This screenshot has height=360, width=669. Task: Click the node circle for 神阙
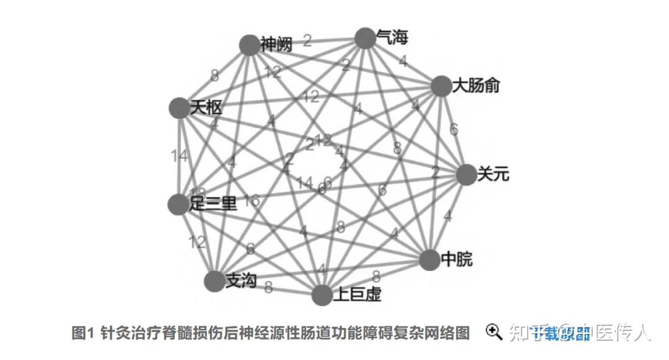[249, 45]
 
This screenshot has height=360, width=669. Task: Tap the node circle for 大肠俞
[441, 86]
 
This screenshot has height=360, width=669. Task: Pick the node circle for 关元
[466, 175]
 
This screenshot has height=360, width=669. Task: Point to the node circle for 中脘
[429, 260]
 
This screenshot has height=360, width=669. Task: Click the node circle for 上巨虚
[322, 295]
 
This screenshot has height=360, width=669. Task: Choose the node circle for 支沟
[214, 281]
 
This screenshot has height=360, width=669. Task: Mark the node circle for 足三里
[178, 204]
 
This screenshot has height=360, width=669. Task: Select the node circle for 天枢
[179, 108]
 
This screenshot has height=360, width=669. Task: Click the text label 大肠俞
[476, 86]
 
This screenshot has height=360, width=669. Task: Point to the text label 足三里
[213, 203]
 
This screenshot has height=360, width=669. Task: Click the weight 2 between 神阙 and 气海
[307, 41]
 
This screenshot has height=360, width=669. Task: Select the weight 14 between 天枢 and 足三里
[179, 156]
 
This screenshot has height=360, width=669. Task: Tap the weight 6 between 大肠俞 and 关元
[454, 130]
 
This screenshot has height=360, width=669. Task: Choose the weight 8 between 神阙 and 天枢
[214, 76]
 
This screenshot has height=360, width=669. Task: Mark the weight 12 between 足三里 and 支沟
[198, 242]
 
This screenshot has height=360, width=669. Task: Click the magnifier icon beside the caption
[494, 332]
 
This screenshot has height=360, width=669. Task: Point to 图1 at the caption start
[82, 333]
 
